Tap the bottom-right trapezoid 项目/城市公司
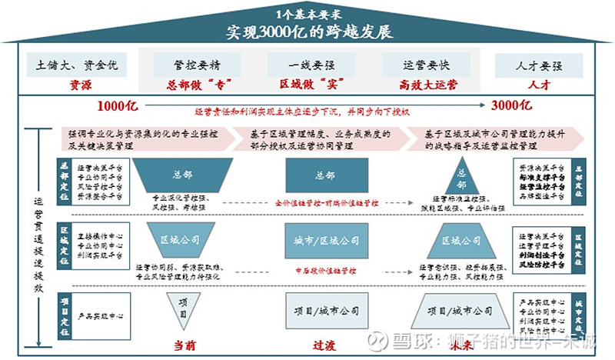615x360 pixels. [461, 312]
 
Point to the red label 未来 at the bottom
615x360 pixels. [462, 345]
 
